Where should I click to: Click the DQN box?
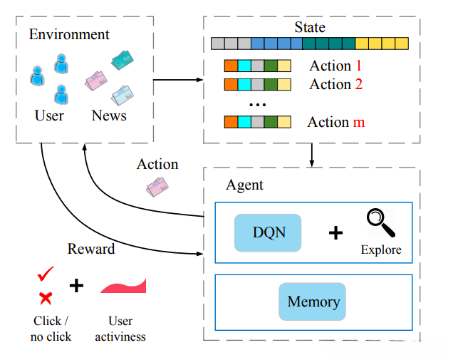click(x=268, y=232)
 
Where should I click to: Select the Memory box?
click(x=313, y=302)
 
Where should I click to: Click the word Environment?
click(x=69, y=34)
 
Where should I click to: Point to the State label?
click(x=309, y=28)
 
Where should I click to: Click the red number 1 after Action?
click(x=359, y=66)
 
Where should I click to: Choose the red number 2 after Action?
click(x=359, y=84)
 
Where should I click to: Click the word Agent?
click(x=244, y=185)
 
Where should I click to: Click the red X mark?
click(x=46, y=298)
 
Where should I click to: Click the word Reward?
click(x=91, y=249)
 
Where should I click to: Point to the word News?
click(x=109, y=115)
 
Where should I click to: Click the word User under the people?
click(x=49, y=115)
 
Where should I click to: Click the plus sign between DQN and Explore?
click(x=335, y=233)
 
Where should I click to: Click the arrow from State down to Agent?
click(x=312, y=155)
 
